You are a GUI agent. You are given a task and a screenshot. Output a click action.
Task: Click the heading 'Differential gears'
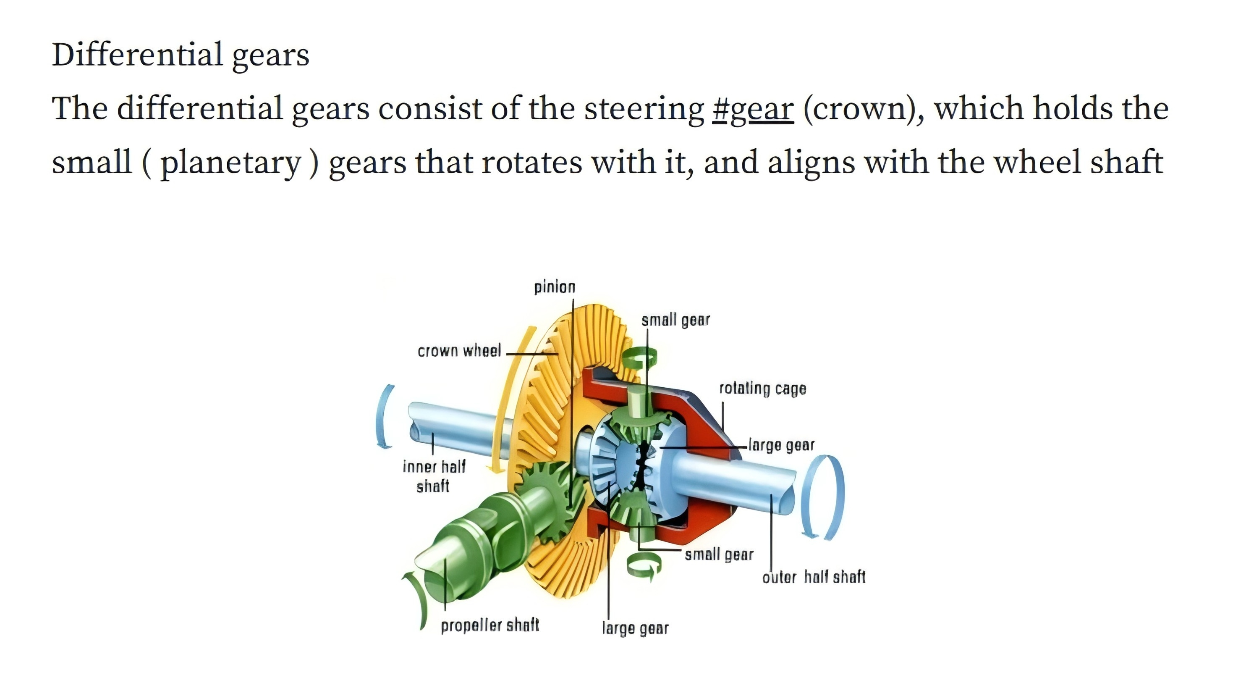180,54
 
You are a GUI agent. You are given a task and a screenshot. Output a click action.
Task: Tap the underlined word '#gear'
753,108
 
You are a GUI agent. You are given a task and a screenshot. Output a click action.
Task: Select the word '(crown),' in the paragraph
864,108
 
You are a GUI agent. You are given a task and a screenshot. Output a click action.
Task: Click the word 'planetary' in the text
231,163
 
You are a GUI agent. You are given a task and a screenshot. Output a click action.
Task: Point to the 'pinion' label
554,287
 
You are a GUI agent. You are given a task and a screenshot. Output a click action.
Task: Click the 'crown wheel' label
459,351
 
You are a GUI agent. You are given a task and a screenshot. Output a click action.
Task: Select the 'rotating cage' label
762,389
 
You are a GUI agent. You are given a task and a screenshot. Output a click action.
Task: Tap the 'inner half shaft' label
433,476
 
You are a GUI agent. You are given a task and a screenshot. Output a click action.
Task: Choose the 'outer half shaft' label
814,577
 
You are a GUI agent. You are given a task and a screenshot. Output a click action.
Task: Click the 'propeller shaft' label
489,625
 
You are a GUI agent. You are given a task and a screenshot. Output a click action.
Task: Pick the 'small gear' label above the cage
675,320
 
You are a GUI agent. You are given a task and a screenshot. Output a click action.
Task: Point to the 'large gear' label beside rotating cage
781,445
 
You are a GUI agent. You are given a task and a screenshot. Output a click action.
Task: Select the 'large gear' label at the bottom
635,628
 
